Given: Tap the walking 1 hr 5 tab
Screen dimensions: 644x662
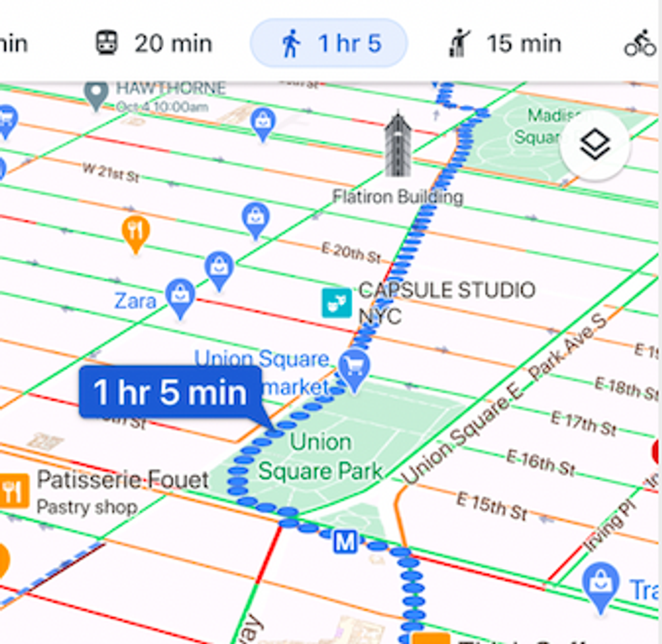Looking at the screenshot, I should (329, 44).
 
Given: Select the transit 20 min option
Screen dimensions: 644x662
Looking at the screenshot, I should (153, 44).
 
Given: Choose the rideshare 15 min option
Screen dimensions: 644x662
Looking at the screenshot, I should (505, 44).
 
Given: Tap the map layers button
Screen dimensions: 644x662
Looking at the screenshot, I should (594, 146).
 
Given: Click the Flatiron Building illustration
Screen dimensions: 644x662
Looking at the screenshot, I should (397, 145).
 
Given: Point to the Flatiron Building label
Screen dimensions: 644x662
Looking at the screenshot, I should (398, 196).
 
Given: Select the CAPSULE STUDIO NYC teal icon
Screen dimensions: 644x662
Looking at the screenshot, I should (336, 302).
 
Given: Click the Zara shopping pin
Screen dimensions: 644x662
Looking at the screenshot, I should (180, 297).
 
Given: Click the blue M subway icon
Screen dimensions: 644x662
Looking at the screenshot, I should (345, 541).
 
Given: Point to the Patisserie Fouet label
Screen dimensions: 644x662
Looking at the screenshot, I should (122, 481).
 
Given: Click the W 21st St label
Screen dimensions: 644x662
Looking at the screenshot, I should (111, 172).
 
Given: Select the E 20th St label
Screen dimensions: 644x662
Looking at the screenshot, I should (351, 252).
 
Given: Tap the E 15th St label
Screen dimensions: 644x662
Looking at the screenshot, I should (490, 506).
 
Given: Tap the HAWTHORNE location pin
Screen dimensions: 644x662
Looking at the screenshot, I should (95, 94).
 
